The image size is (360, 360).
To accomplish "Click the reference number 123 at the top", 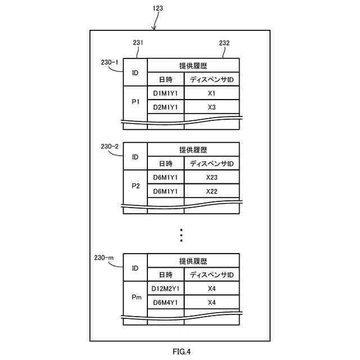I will tap(158, 8).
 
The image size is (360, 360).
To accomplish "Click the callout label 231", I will tap(138, 42).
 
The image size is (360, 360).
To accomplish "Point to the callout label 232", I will tap(224, 43).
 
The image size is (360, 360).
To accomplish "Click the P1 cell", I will tap(135, 102).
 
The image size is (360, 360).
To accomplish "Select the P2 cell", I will tap(135, 186).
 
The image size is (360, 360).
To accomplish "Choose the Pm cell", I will tap(135, 297).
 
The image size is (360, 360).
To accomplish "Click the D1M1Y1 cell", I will tap(165, 93).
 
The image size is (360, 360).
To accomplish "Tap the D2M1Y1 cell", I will tap(165, 107).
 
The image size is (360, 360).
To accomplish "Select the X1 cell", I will tap(211, 93).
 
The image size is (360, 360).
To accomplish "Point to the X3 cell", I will tap(211, 107).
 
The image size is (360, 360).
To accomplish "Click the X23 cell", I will tap(211, 178).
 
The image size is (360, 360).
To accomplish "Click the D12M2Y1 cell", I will tap(165, 289).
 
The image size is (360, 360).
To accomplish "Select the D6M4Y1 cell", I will tap(165, 303).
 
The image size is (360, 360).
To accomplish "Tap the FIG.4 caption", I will tap(181, 352).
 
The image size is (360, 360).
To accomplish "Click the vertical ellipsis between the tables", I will tap(181, 235).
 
